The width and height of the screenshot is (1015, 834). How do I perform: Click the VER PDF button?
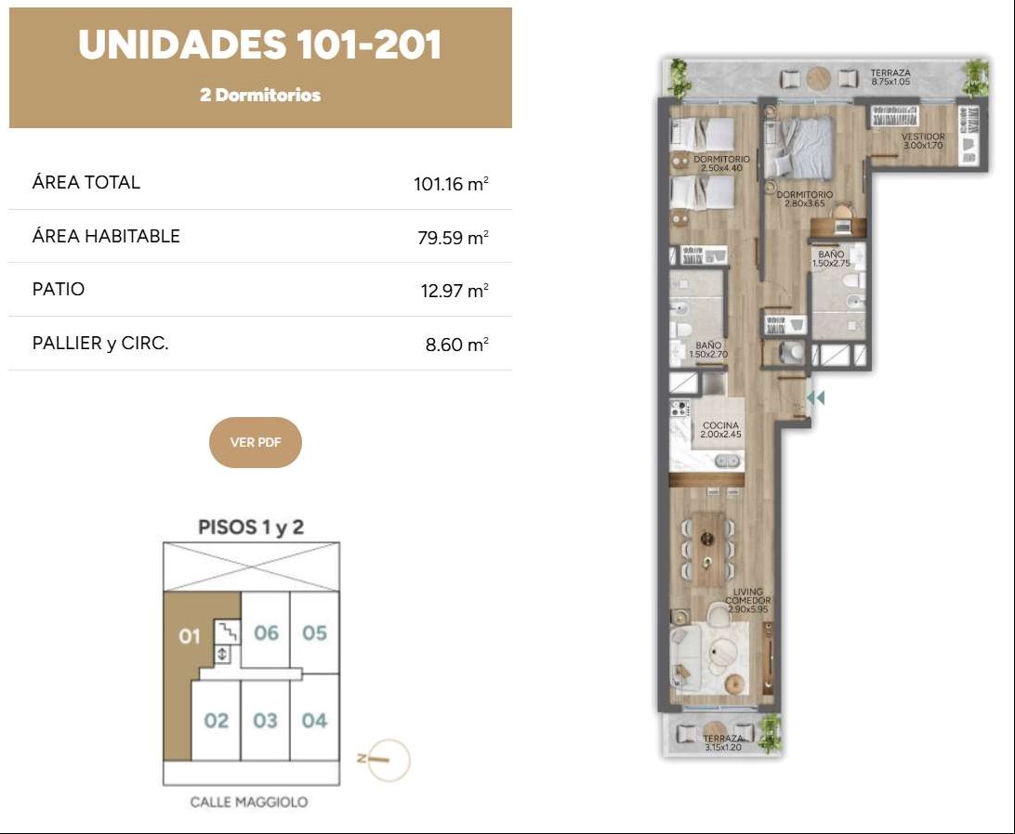255,443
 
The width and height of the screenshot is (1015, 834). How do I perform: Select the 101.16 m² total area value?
451,184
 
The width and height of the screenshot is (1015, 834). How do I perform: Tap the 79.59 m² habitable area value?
453,238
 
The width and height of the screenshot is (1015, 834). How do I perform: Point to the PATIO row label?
59,289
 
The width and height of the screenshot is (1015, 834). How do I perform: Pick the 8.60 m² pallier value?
456,345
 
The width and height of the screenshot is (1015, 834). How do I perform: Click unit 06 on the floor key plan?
266,632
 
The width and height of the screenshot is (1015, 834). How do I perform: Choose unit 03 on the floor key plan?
266,720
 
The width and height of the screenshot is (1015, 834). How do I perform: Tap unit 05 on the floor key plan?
314,632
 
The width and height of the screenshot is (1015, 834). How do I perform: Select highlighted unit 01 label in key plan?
190,637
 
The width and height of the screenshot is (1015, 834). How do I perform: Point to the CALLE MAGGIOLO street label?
249,802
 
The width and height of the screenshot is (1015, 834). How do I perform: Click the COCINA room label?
720,425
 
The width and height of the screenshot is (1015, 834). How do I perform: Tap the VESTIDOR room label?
923,137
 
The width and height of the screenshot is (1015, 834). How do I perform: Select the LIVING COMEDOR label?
747,596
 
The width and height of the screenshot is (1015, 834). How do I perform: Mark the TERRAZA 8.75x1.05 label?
890,78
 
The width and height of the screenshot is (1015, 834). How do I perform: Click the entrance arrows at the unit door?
816,397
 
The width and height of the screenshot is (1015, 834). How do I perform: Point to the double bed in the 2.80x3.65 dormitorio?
798,146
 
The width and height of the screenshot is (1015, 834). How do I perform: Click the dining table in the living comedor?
706,549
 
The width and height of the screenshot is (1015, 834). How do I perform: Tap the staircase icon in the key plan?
227,631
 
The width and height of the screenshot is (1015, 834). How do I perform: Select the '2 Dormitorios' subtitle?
260,95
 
